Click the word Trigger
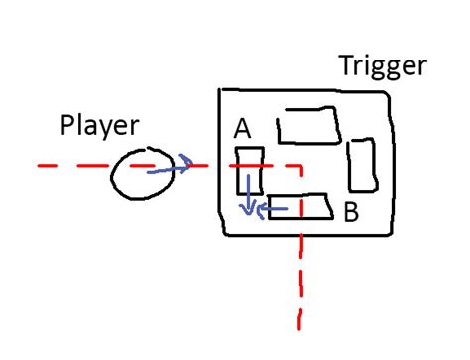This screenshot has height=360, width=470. (x=382, y=67)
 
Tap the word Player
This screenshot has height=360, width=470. (x=100, y=126)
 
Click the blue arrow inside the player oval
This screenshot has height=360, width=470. (x=168, y=170)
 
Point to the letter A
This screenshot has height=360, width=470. (x=241, y=129)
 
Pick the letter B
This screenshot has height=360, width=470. (x=350, y=211)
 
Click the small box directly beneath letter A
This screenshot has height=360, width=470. (x=248, y=171)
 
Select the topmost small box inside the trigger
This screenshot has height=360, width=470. (x=307, y=126)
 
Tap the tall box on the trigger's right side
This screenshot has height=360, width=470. (x=363, y=164)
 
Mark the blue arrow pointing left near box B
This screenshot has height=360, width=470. (x=271, y=209)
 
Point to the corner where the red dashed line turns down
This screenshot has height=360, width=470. (x=298, y=166)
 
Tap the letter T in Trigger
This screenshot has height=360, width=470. (x=346, y=65)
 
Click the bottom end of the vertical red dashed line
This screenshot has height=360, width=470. (x=298, y=325)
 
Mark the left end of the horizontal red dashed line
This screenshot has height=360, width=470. (x=41, y=166)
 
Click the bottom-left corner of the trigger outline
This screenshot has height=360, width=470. (x=226, y=233)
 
